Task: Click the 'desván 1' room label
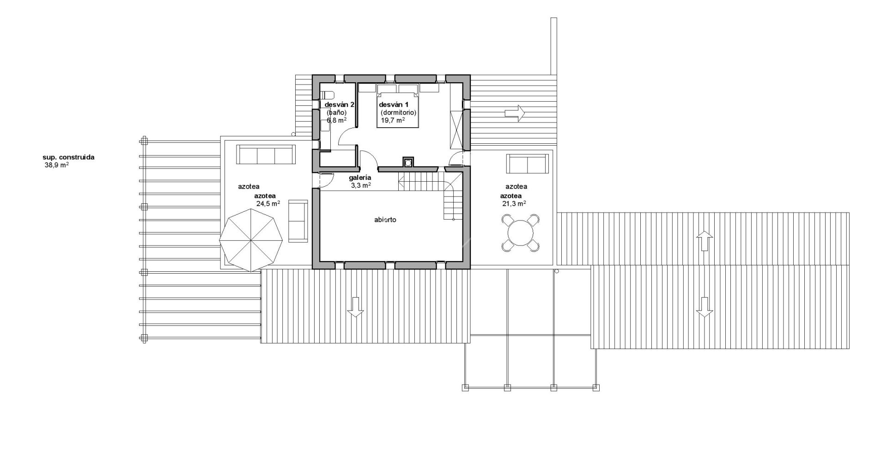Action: [394, 104]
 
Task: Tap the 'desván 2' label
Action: [339, 104]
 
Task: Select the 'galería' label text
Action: [360, 178]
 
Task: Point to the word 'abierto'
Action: [385, 220]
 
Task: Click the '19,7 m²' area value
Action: [393, 120]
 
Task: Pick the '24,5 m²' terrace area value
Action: [268, 203]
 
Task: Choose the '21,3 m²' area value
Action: [514, 203]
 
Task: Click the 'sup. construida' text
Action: [68, 157]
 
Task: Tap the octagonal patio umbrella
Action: [251, 240]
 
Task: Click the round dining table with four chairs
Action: [520, 233]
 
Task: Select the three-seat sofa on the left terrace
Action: [266, 154]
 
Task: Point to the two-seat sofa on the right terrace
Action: [527, 163]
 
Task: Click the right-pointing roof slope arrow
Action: [515, 112]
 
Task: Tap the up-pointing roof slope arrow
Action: [704, 241]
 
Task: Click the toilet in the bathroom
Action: [327, 95]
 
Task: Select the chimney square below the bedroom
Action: [408, 162]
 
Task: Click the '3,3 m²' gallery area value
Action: [361, 185]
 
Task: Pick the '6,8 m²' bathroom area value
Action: [337, 120]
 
